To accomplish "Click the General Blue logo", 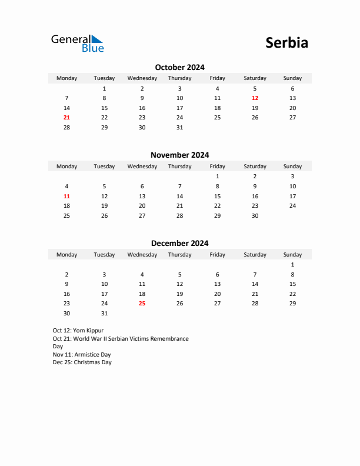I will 77,43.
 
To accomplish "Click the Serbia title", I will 286,43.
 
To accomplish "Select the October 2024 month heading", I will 179,67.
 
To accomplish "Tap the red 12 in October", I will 255,98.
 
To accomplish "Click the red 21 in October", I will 66,118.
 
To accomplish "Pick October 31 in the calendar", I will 179,127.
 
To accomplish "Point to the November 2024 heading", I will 179,155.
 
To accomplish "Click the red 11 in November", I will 66,196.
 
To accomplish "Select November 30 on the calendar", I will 255,215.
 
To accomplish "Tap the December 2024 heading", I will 179,243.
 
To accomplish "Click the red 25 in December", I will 142,304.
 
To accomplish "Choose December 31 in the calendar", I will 104,314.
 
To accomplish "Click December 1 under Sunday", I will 292,265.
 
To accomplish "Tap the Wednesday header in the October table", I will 142,78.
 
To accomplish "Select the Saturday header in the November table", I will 255,167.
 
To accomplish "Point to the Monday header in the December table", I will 66,255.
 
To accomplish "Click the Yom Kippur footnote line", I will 78,331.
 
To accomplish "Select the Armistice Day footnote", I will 81,355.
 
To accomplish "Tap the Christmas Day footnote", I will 82,362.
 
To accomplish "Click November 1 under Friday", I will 217,177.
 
